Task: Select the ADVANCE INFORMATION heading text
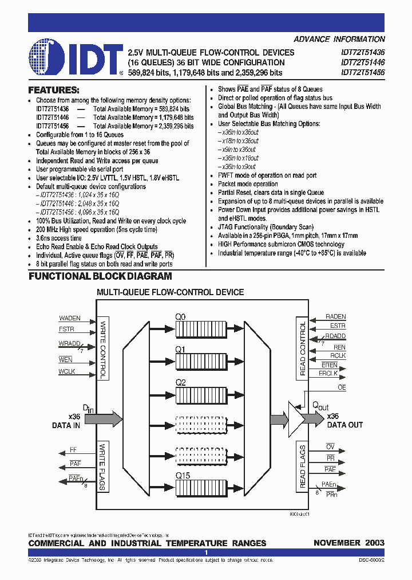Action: click(339, 40)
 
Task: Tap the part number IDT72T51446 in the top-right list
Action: click(362, 62)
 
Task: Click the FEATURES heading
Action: click(54, 90)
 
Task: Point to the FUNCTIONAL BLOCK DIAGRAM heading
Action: click(100, 276)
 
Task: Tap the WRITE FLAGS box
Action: click(103, 466)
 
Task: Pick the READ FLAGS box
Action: click(303, 466)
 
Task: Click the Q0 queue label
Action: click(180, 316)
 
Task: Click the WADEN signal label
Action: click(70, 318)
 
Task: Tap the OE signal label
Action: click(342, 387)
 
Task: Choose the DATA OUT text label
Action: click(344, 425)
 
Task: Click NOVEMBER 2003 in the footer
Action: click(349, 543)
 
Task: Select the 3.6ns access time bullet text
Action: click(59, 238)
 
